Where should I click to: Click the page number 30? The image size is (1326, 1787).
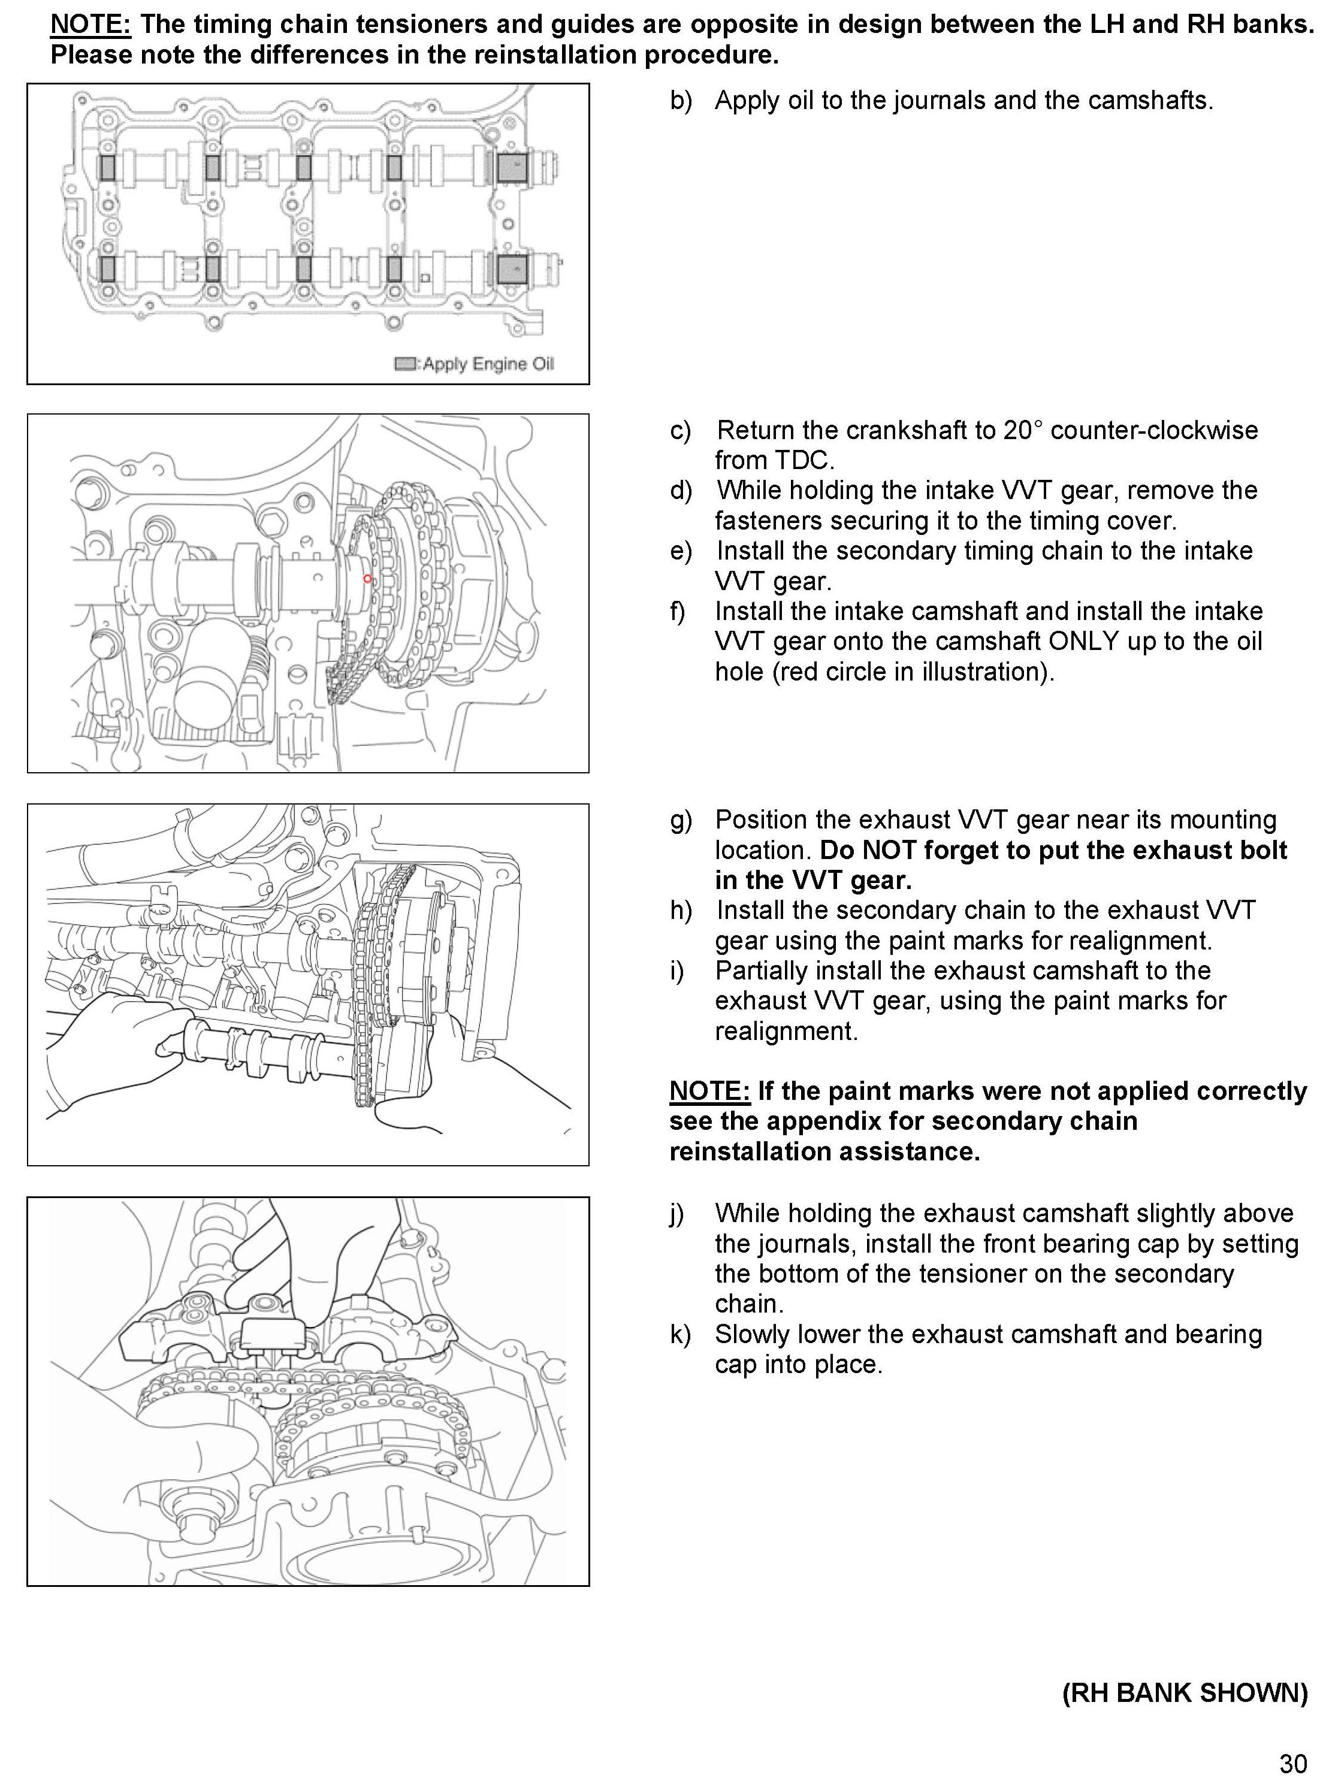(1293, 1764)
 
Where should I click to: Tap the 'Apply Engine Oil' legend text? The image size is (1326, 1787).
(488, 364)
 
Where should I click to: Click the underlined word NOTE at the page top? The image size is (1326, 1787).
(90, 24)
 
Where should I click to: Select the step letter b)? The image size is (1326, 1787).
(681, 101)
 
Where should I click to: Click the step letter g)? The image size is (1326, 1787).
(681, 820)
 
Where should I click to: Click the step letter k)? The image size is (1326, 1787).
(680, 1335)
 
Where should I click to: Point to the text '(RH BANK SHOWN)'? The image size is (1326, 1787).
(1185, 1692)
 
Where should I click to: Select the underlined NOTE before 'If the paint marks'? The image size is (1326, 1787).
(709, 1091)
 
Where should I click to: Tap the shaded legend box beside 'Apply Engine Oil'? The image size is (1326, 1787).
(404, 364)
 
